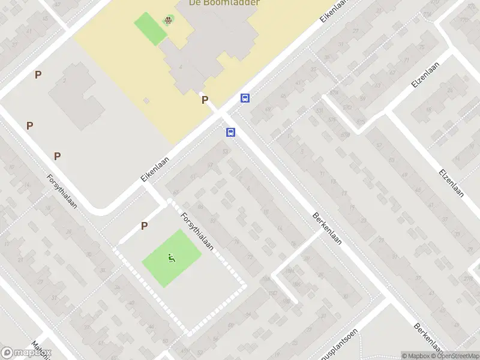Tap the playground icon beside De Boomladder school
tap(169, 20)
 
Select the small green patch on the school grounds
tap(150, 28)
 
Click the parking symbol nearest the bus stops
tap(205, 100)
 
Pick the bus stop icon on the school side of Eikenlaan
tap(245, 98)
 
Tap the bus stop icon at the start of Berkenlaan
tap(230, 132)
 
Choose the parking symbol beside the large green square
tap(144, 226)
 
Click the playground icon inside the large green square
tap(171, 258)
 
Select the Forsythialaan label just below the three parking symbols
tap(62, 191)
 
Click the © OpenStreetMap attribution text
tap(454, 356)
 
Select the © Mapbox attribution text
tap(415, 356)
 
